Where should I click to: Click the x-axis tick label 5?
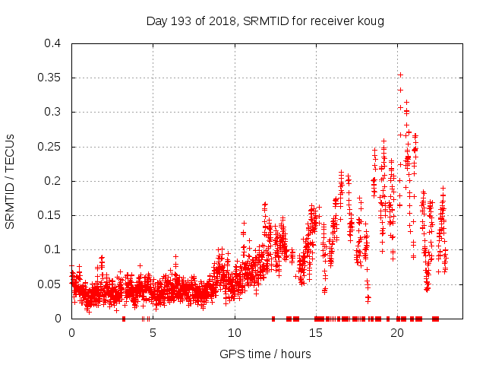pos(153,333)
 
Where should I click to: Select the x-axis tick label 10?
pos(235,333)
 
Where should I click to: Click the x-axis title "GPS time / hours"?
pos(265,354)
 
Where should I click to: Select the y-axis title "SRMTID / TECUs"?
pos(11,181)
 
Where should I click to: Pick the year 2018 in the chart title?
pos(219,21)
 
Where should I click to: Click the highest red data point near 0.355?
pos(400,75)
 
